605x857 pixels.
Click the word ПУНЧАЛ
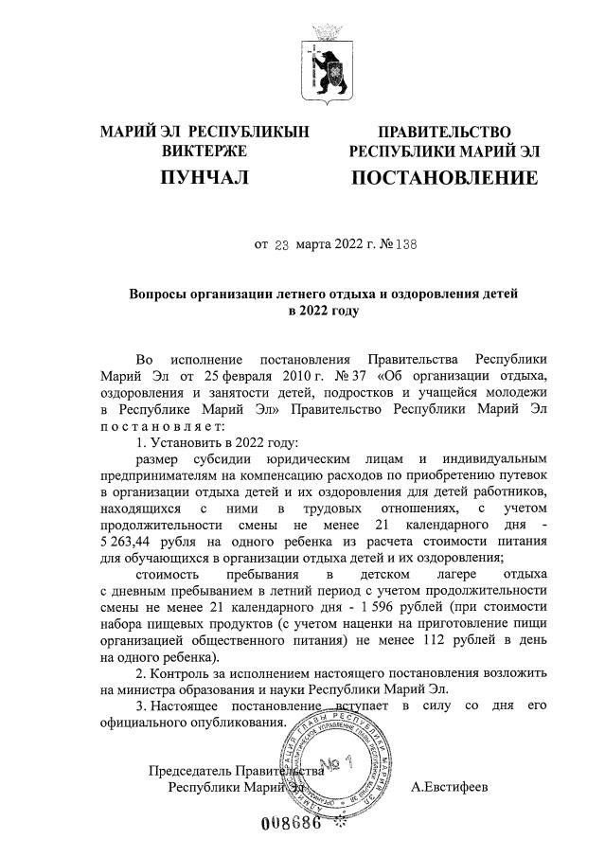pyautogui.click(x=205, y=177)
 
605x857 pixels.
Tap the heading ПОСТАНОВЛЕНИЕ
pyautogui.click(x=445, y=177)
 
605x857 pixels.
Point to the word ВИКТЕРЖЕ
pyautogui.click(x=205, y=151)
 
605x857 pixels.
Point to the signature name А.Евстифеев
pyautogui.click(x=450, y=786)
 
